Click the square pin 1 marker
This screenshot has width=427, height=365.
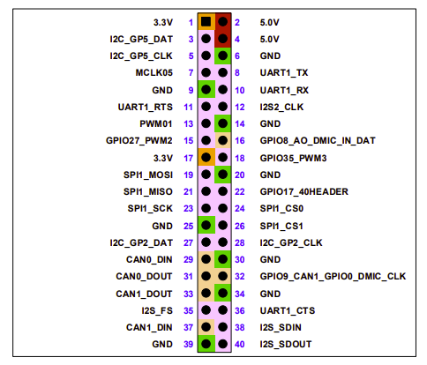point(206,21)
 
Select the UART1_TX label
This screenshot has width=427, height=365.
point(283,72)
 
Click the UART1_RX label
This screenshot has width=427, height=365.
point(283,90)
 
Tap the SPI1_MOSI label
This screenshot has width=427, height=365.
point(149,175)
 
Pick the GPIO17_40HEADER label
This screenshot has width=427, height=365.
point(303,191)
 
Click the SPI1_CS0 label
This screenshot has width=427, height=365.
point(281,209)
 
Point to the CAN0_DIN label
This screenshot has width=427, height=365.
point(151,259)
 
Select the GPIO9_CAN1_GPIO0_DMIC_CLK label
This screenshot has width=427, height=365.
point(332,276)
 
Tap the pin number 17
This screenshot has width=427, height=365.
point(188,158)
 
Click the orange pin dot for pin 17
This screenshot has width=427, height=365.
point(206,158)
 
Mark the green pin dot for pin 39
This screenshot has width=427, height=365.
point(206,344)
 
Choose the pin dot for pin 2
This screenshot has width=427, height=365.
point(223,21)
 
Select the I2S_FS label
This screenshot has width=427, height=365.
point(157,310)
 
